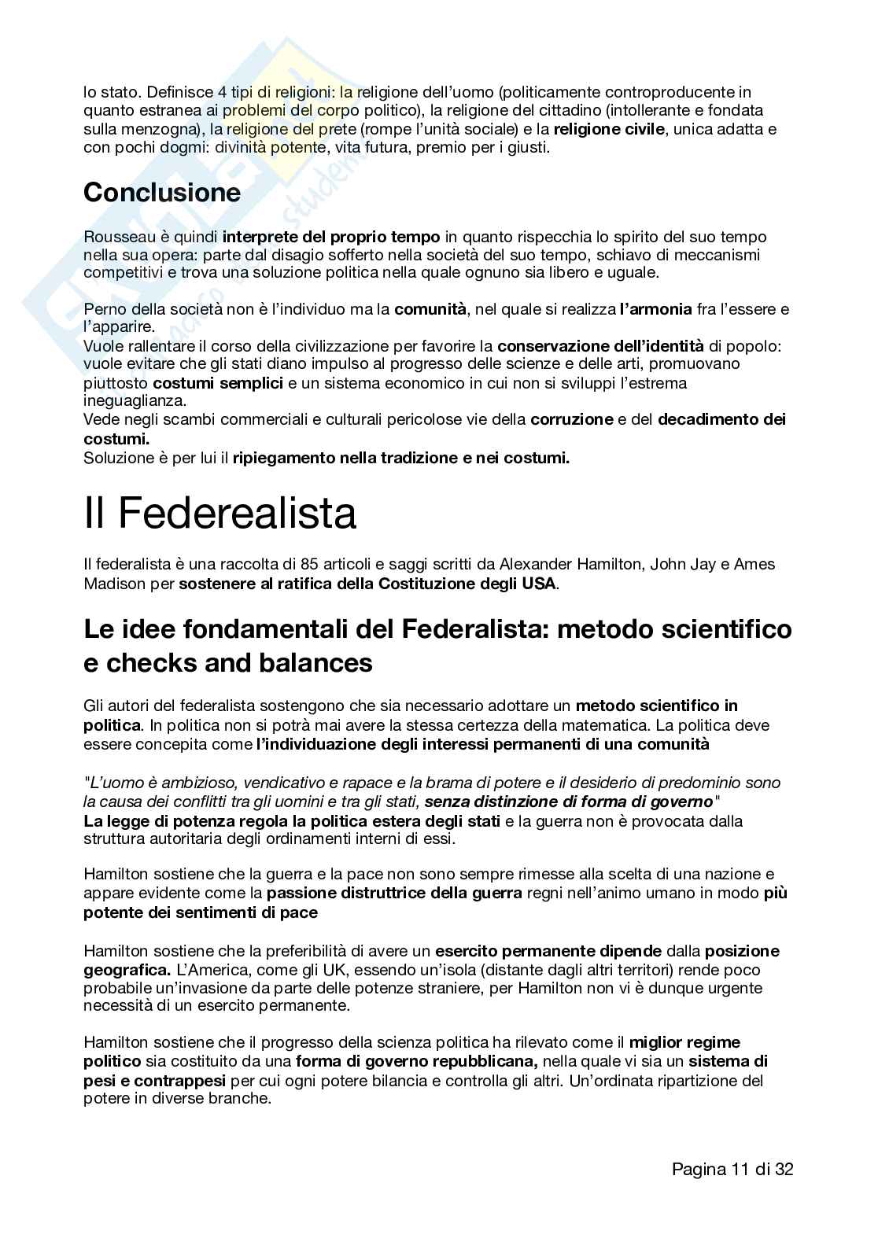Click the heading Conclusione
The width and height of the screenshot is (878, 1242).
click(x=161, y=193)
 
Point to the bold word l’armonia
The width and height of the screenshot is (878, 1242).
click(x=655, y=309)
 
